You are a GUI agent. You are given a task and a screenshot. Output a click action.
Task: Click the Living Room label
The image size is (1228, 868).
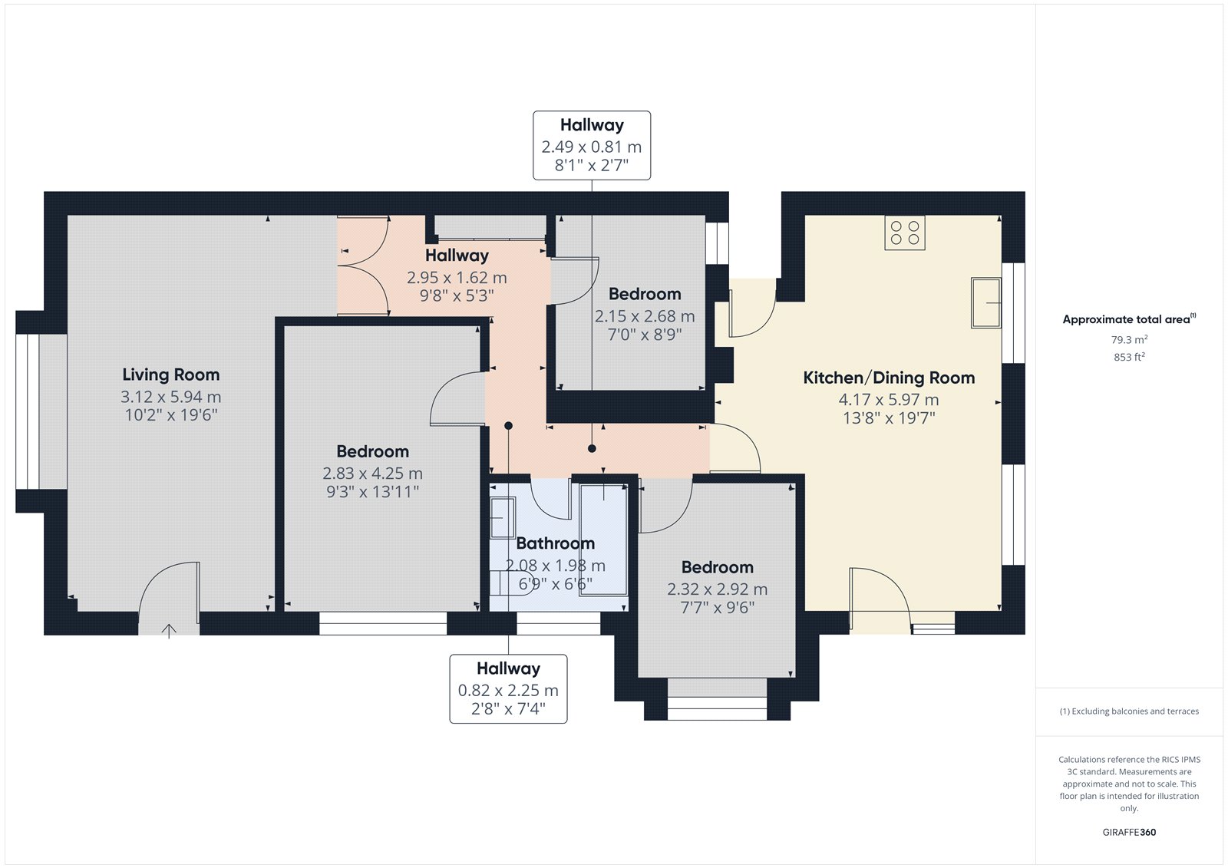(170, 375)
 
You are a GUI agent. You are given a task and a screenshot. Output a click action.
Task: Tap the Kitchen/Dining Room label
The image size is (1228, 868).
(889, 378)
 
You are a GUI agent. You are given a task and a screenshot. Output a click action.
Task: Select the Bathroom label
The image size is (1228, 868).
(556, 543)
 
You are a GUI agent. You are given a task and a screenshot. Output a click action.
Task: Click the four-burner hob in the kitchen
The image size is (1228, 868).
(905, 233)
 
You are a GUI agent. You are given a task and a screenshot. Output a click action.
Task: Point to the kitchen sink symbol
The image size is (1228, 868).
(985, 302)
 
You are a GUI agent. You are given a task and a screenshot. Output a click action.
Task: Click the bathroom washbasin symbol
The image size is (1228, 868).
(502, 517)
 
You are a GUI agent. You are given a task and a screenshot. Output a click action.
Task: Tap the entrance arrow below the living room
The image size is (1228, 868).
(169, 631)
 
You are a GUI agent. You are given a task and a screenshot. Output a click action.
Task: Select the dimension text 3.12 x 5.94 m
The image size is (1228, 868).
(170, 397)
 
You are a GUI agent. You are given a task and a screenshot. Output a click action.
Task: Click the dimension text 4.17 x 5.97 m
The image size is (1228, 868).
(889, 400)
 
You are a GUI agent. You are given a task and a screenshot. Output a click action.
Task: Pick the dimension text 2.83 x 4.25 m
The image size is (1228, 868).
(372, 474)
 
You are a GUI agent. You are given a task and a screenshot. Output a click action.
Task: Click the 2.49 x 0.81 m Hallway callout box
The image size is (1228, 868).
(592, 145)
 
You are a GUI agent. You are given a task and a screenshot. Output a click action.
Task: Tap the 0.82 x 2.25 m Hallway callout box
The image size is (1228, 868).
(508, 688)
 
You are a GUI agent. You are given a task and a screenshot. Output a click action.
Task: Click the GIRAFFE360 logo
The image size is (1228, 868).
(1129, 833)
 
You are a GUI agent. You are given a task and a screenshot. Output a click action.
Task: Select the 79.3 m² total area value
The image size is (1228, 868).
(1129, 339)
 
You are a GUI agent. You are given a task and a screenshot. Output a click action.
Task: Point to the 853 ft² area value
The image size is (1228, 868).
(1129, 357)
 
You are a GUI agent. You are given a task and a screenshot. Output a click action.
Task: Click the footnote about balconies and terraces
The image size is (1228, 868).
(1129, 711)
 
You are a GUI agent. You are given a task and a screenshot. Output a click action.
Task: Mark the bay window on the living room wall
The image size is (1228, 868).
(28, 411)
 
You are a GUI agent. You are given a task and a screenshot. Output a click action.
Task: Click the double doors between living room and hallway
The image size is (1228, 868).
(364, 266)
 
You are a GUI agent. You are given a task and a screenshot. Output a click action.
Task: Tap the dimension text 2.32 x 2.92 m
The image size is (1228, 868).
(717, 589)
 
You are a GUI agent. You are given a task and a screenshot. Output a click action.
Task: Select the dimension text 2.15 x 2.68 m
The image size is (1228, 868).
(645, 316)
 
